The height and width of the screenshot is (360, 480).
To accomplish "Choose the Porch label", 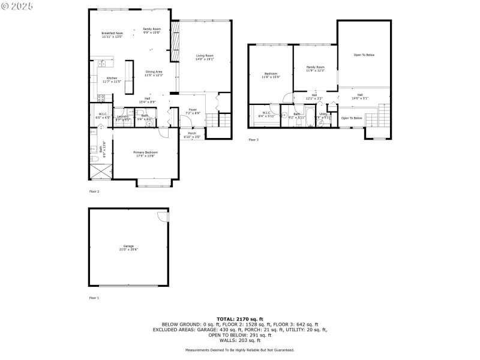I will [x=192, y=134].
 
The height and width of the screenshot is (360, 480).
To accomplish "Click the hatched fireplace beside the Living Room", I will [x=175, y=41].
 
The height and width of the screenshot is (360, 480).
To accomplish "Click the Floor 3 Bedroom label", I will [x=271, y=75].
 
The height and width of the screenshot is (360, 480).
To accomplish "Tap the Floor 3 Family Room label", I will [x=315, y=68].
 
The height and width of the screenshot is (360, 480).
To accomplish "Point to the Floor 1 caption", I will [x=94, y=298].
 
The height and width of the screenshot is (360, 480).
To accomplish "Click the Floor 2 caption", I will [x=94, y=191].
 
